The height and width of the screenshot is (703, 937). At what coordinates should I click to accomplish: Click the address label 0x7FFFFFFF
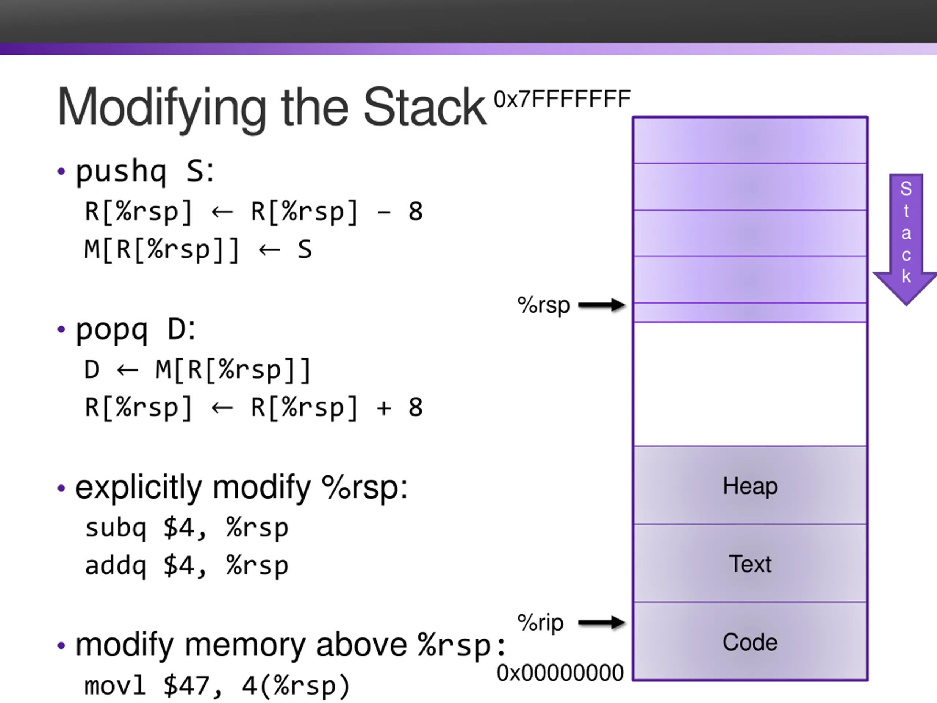(562, 99)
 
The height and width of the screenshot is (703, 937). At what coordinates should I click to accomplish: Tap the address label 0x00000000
(560, 673)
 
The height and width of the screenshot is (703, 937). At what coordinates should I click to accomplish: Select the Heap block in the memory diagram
(750, 485)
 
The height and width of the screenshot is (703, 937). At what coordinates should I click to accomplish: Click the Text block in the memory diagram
(750, 563)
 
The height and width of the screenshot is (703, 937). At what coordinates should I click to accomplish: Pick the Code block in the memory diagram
(750, 641)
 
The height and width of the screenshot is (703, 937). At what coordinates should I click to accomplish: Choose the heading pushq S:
(145, 171)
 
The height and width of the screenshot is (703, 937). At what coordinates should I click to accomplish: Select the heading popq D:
(135, 329)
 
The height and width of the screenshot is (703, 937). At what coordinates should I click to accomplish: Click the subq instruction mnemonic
(116, 528)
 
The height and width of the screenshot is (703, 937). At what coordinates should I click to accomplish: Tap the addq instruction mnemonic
(116, 565)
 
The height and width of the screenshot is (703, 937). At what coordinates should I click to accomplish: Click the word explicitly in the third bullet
(138, 488)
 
